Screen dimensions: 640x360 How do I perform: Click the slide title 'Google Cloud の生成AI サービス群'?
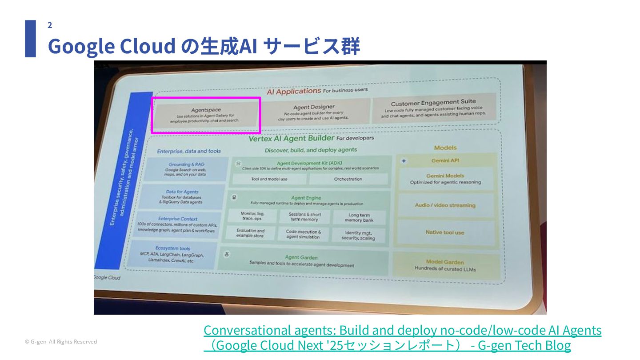coord(204,46)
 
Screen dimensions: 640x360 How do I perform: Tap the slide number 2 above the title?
coord(50,25)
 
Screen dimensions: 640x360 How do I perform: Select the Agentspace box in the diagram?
coord(205,115)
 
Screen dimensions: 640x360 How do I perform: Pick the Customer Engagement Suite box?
coord(433,108)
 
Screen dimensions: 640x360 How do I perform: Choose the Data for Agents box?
coord(182,197)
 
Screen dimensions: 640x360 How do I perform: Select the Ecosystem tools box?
coord(172,254)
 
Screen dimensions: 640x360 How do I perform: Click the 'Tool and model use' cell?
coord(269,179)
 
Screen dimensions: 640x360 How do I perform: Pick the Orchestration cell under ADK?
coord(348,179)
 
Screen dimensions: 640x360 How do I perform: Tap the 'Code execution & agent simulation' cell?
coord(303,234)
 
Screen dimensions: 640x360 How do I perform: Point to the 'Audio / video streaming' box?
coord(445,205)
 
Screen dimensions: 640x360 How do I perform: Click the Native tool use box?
coord(444,232)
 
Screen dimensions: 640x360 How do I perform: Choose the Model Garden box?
coord(445,265)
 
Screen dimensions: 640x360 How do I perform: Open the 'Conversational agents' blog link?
coord(402,337)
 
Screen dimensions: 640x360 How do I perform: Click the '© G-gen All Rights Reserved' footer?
coord(61,342)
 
